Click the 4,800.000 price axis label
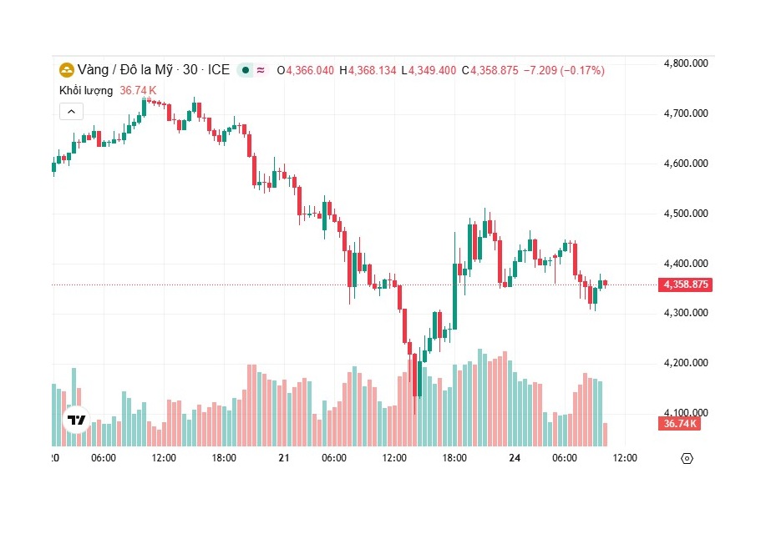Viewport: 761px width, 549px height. pyautogui.click(x=685, y=63)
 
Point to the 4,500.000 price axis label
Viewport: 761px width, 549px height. pyautogui.click(x=685, y=214)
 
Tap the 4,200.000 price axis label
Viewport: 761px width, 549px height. pyautogui.click(x=685, y=363)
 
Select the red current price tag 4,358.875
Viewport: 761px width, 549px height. pyautogui.click(x=686, y=285)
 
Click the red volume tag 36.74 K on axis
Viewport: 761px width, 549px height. pyautogui.click(x=679, y=424)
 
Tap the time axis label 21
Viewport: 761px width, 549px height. pyautogui.click(x=284, y=458)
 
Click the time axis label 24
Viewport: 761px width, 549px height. pyautogui.click(x=515, y=458)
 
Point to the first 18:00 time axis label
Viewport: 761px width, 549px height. pyautogui.click(x=224, y=458)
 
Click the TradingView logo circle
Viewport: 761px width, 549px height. pyautogui.click(x=76, y=420)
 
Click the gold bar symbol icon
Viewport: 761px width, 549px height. pyautogui.click(x=66, y=70)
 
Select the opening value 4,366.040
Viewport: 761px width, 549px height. pyautogui.click(x=310, y=71)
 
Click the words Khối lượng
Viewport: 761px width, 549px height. pyautogui.click(x=86, y=90)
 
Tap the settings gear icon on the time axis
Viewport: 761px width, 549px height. pyautogui.click(x=687, y=458)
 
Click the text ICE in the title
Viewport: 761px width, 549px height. pyautogui.click(x=218, y=70)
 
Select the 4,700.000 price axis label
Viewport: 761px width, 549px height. pyautogui.click(x=685, y=113)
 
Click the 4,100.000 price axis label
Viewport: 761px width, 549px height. pyautogui.click(x=685, y=412)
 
